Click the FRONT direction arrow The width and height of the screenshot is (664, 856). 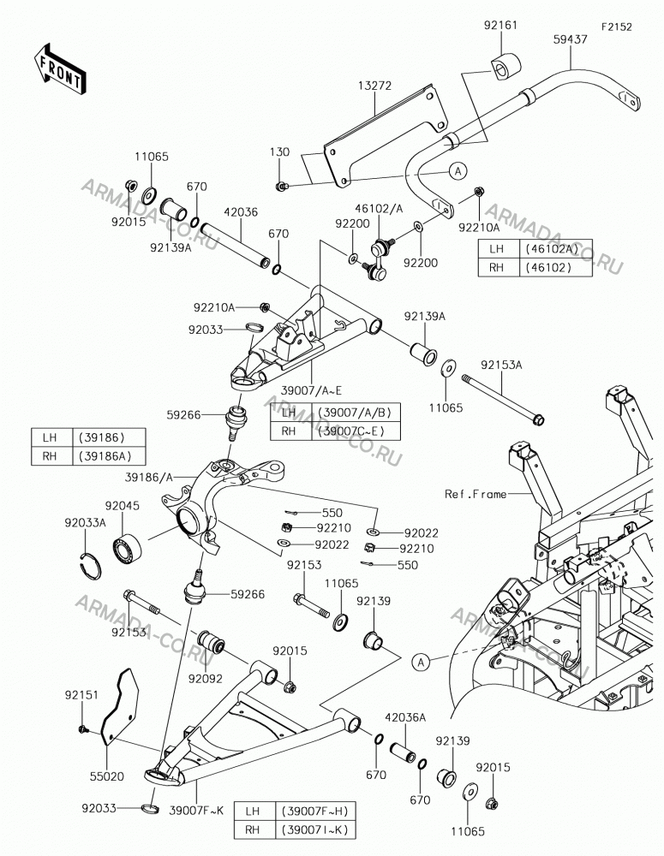click(x=58, y=68)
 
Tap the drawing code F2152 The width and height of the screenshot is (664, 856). click(x=617, y=27)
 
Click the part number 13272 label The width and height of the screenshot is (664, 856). click(x=375, y=86)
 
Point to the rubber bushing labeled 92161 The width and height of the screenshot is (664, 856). click(x=504, y=67)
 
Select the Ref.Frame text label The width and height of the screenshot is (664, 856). click(x=476, y=494)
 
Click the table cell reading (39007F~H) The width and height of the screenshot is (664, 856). click(x=312, y=811)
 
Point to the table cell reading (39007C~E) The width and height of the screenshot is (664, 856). click(x=356, y=431)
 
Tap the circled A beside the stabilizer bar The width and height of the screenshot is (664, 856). click(x=458, y=171)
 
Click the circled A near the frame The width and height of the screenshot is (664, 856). click(x=421, y=663)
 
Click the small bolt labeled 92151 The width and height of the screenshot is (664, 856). click(x=84, y=728)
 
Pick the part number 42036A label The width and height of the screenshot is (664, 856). click(x=405, y=717)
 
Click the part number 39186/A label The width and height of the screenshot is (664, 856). click(x=148, y=478)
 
